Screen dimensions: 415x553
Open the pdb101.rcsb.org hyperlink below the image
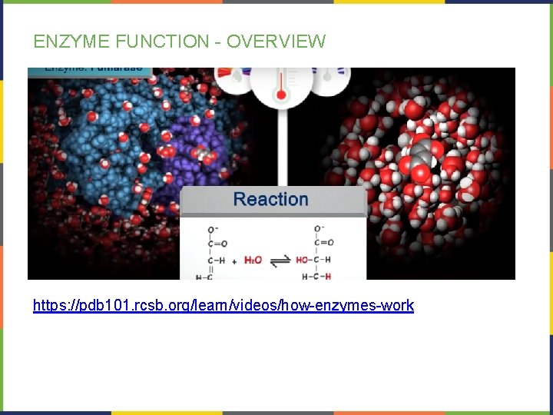223,305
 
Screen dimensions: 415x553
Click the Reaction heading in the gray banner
270,199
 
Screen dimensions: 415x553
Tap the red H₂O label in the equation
253,260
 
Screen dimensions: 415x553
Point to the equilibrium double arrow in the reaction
282,260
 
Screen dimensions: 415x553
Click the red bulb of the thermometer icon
281,95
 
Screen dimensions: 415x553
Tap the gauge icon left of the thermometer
234,77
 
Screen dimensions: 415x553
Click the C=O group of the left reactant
212,244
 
